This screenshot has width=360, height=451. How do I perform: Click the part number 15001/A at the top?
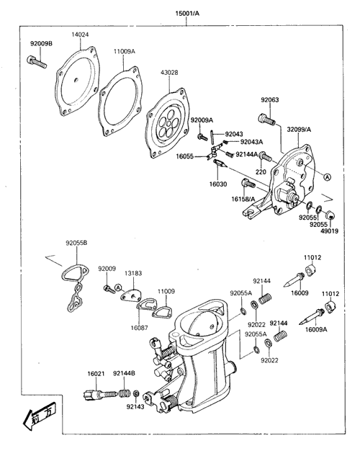point(187,14)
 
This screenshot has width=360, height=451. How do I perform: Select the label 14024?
point(80,35)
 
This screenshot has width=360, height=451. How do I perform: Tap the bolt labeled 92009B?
point(37,62)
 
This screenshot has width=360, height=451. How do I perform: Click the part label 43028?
point(169,73)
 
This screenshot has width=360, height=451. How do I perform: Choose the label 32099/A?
point(299,130)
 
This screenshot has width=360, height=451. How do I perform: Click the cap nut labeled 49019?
point(330,215)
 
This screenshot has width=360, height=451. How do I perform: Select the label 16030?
point(218,184)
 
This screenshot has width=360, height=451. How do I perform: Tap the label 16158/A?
point(243,199)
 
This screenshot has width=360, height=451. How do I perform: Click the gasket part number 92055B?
point(76,244)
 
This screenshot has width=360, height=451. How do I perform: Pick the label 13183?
point(133,273)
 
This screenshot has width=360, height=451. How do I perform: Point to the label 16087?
point(139,328)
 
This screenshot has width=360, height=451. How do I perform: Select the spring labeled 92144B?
point(125,393)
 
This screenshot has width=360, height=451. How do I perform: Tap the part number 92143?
point(135,407)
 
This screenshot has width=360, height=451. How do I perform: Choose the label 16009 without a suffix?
point(300,293)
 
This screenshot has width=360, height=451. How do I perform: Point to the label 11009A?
point(125,52)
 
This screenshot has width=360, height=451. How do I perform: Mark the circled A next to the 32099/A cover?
point(327,177)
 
